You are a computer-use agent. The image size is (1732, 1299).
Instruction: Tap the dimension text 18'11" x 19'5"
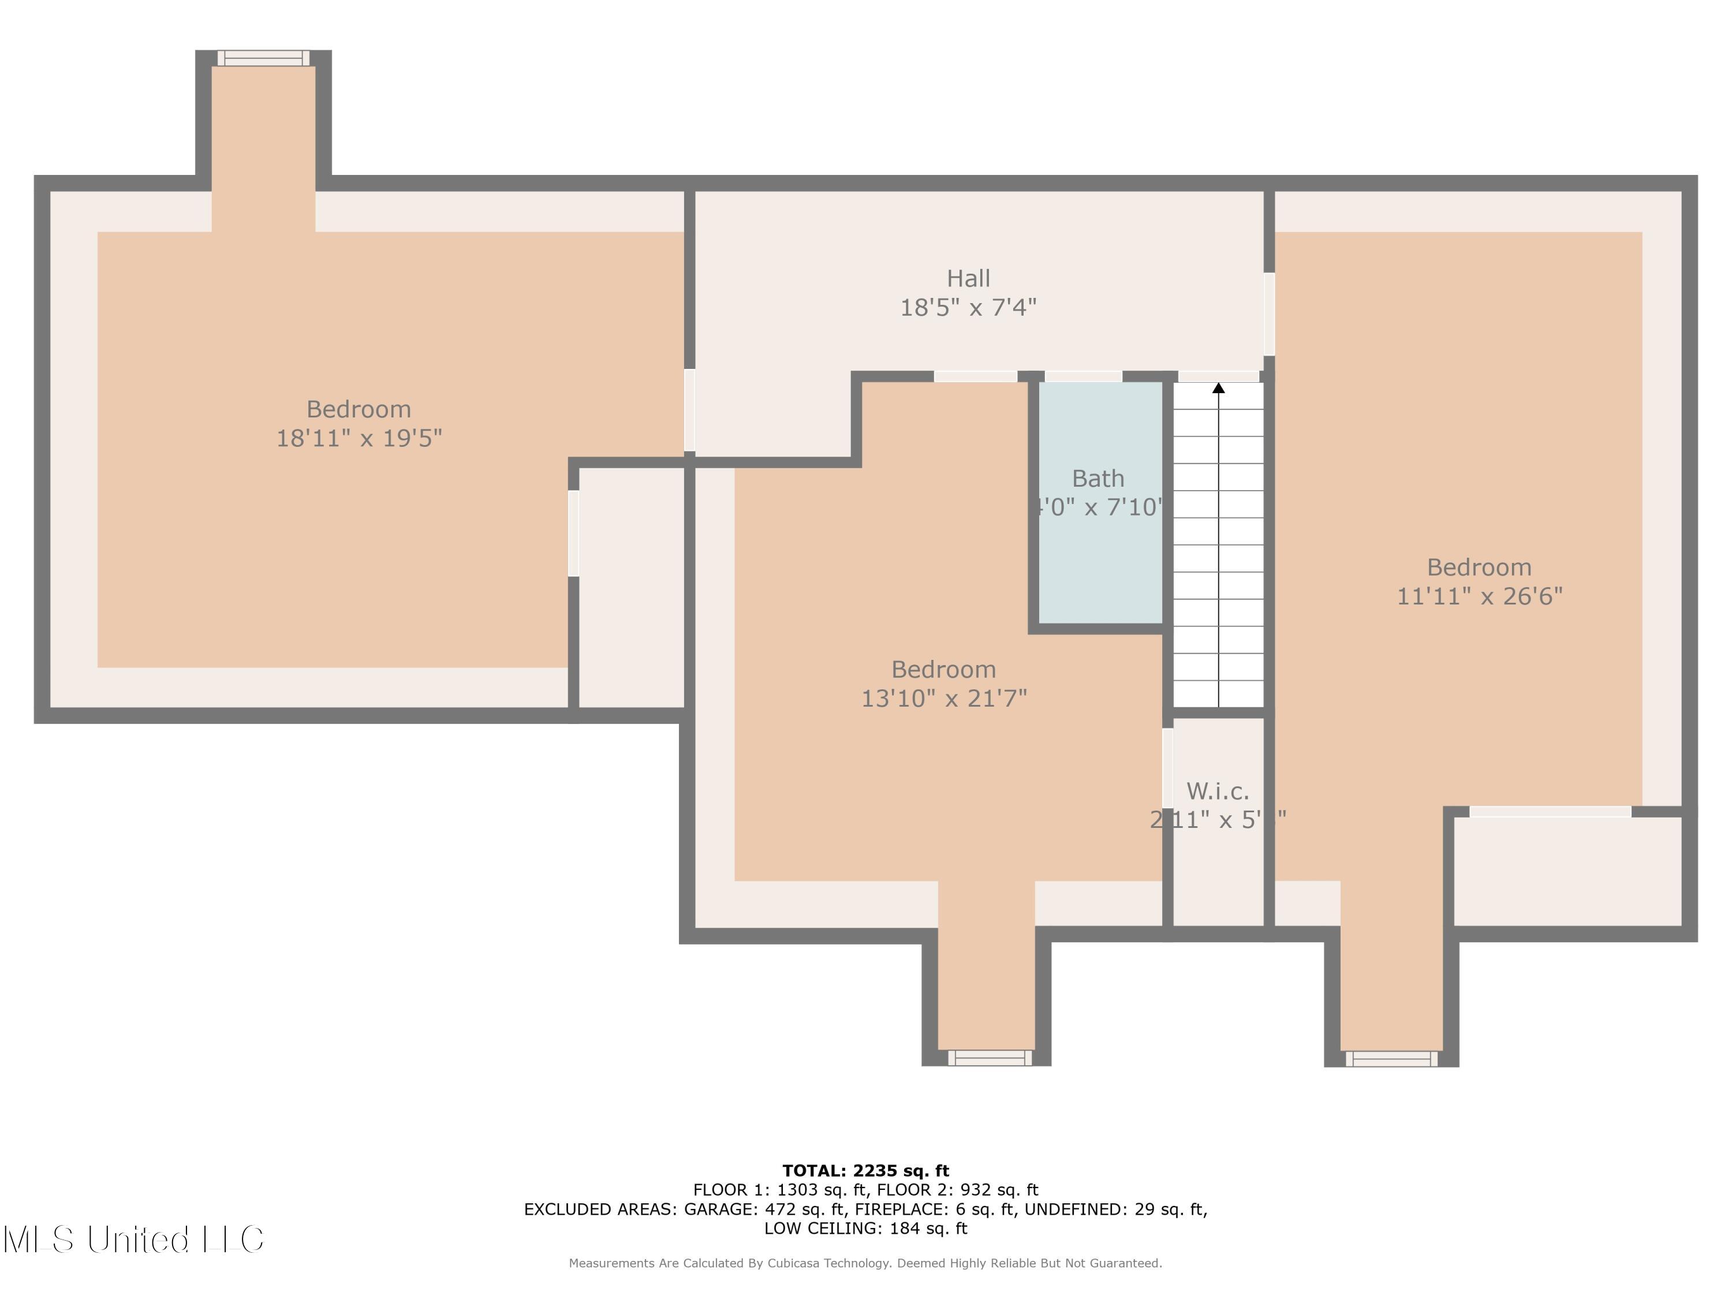pos(359,438)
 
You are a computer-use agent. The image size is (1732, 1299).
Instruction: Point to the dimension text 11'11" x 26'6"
pos(1479,596)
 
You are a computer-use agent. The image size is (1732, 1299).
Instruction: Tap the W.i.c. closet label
pos(1218,791)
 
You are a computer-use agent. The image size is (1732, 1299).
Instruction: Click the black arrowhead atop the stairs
pos(1218,387)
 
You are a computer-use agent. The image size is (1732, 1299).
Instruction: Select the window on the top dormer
pos(263,58)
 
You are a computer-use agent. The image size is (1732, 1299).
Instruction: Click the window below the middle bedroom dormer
pos(990,1058)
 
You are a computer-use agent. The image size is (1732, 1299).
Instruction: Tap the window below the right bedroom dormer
pos(1391,1059)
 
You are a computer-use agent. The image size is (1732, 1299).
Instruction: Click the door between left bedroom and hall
pos(689,410)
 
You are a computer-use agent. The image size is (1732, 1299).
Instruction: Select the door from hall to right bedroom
pos(1268,313)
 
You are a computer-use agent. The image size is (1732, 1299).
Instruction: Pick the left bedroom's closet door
pos(573,533)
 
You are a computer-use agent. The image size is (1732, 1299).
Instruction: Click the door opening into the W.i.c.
pos(1167,767)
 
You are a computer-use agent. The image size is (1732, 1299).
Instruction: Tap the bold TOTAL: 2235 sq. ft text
pos(865,1171)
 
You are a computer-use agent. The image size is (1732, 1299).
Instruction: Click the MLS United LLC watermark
pos(133,1240)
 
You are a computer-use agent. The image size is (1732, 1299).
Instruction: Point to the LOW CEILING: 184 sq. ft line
pos(865,1229)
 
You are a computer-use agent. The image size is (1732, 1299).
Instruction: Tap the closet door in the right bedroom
pos(1550,812)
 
